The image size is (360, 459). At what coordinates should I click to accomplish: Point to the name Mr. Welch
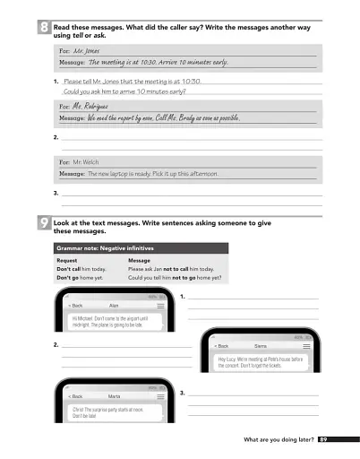pos(86,162)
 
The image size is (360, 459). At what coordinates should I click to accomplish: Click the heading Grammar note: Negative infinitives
pos(106,247)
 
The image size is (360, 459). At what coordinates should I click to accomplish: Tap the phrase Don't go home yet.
pos(80,278)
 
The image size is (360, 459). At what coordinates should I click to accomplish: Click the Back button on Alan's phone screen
pos(75,306)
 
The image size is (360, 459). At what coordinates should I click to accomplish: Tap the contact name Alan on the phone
pos(114,306)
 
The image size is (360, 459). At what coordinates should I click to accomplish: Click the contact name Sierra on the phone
pos(261,345)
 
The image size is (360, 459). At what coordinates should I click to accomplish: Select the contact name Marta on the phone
pos(115,395)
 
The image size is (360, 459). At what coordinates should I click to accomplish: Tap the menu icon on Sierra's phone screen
pos(310,345)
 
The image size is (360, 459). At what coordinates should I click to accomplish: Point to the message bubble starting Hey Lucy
pos(261,362)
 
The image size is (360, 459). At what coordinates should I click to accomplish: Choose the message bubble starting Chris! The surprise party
pos(107,411)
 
